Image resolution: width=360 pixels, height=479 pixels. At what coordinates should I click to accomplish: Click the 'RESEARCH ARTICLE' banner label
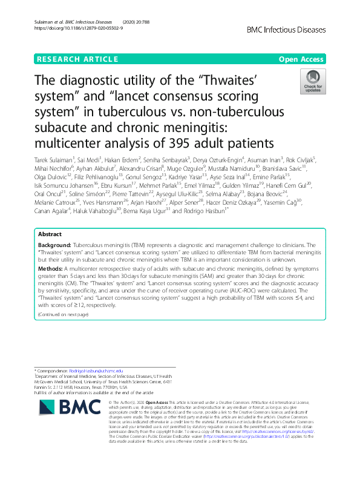(77, 59)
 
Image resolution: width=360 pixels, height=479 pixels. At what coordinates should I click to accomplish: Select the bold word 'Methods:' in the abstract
(51, 283)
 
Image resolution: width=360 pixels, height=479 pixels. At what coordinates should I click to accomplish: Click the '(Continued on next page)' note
(64, 314)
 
